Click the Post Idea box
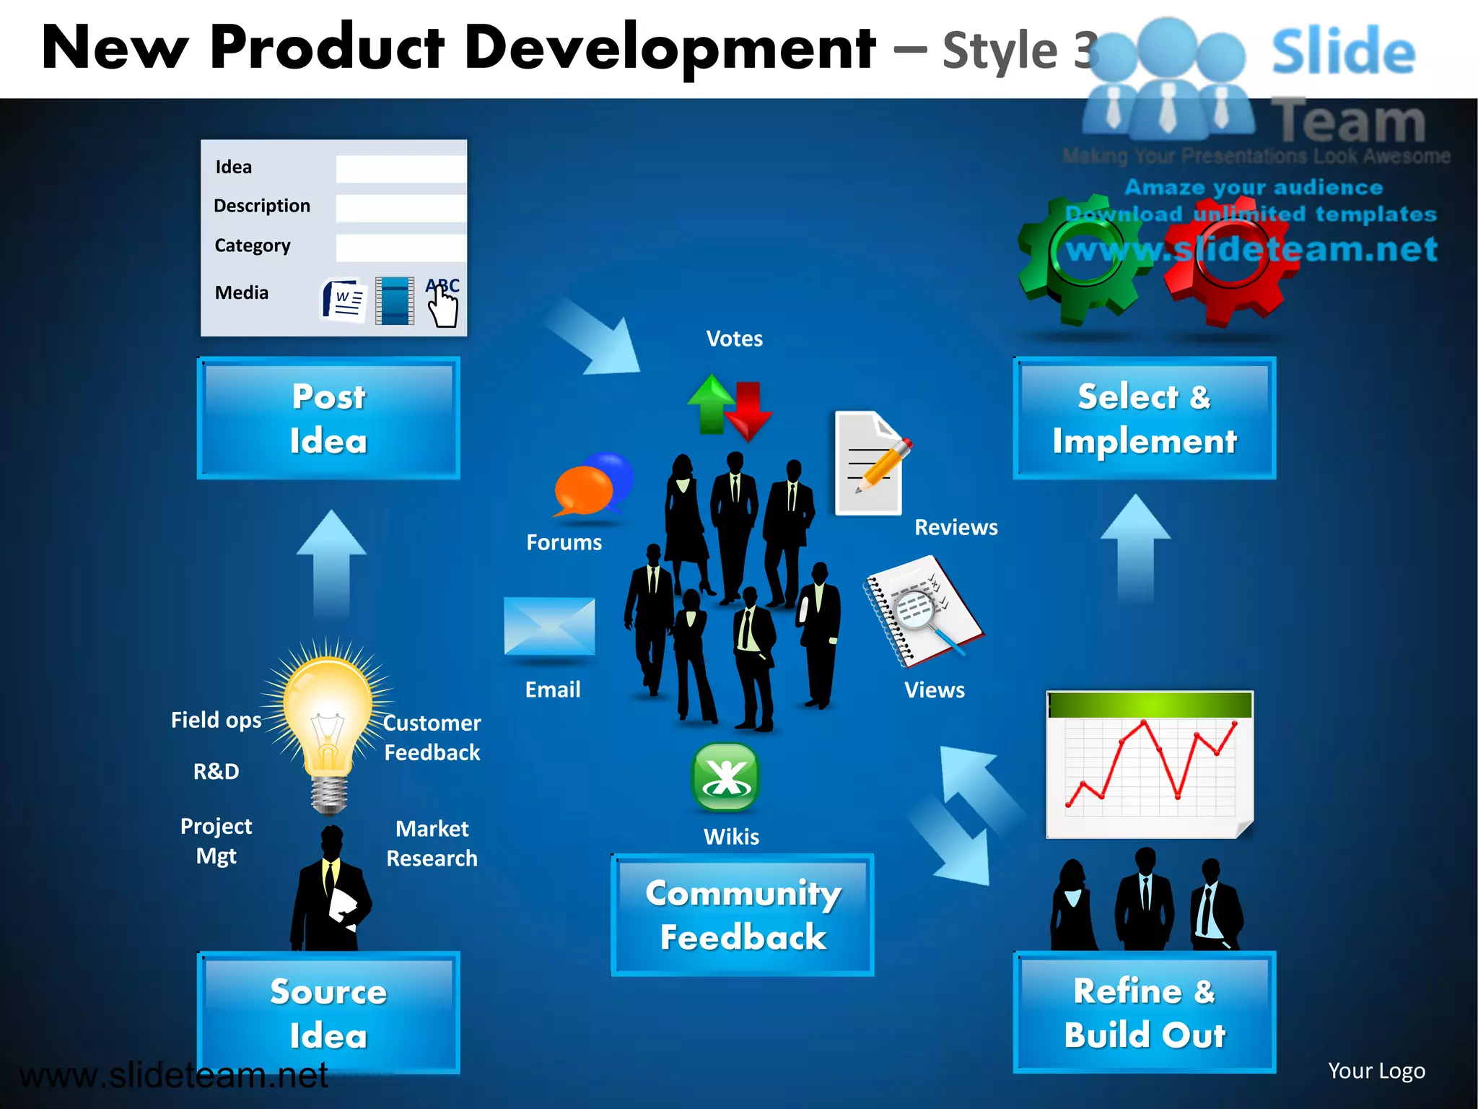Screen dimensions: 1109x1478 [328, 418]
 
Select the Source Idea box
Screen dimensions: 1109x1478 [328, 1012]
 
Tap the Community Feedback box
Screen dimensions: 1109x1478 [743, 915]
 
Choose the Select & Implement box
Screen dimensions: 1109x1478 [1144, 418]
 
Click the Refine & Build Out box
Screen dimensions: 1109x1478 [1144, 1012]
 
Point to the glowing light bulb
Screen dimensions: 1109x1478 [328, 715]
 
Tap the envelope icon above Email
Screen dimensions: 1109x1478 [549, 625]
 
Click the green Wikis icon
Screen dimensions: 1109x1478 [725, 778]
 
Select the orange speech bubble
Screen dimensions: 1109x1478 [583, 491]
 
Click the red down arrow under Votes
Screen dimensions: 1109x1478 [749, 412]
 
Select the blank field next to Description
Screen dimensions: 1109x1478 [401, 207]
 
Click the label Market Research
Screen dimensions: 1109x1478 [432, 843]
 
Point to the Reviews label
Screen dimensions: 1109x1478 [956, 527]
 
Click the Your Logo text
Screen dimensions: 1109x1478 [1376, 1070]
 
